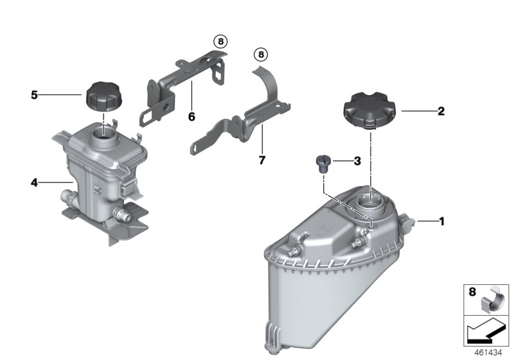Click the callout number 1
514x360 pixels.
click(441, 221)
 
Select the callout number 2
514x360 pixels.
click(441, 111)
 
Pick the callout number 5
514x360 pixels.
click(35, 95)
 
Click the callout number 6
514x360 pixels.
click(191, 117)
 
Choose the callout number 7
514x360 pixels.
click(261, 159)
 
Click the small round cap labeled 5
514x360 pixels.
click(103, 96)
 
